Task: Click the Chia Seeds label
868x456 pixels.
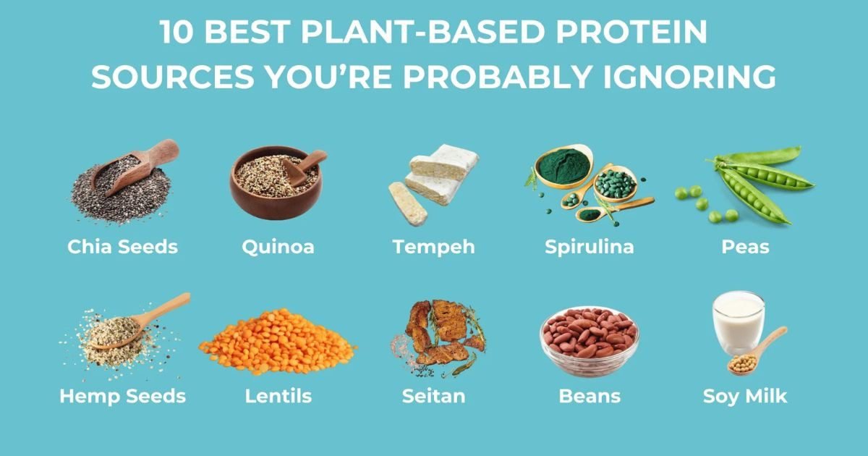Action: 122,247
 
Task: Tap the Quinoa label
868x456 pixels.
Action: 278,247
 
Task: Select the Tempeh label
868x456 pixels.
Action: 433,247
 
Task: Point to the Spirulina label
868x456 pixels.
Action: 589,247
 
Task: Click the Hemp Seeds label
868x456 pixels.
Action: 122,397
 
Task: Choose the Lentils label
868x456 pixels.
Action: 278,397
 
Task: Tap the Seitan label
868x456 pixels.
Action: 433,397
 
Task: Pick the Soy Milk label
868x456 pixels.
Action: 745,397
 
